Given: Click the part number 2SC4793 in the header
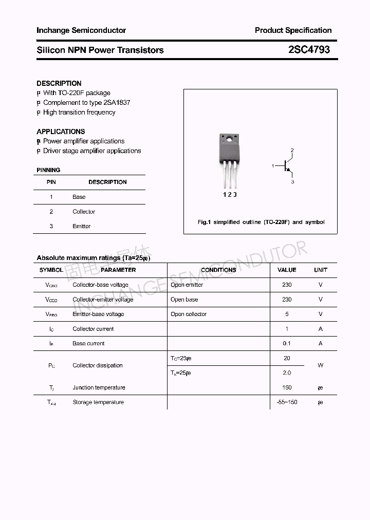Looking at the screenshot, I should pyautogui.click(x=308, y=50).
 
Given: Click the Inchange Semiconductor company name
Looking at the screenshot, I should pyautogui.click(x=81, y=30).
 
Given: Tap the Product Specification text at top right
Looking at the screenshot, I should pyautogui.click(x=293, y=30).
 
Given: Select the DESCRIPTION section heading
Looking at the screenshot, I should pyautogui.click(x=59, y=83).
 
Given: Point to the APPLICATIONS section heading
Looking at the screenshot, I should pyautogui.click(x=61, y=132).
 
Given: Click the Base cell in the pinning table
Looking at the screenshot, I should pyautogui.click(x=79, y=197).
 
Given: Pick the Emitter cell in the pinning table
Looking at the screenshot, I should pyautogui.click(x=81, y=226).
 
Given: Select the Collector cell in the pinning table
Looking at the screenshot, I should pyautogui.click(x=84, y=212).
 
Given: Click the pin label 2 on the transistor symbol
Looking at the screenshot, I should pyautogui.click(x=292, y=150).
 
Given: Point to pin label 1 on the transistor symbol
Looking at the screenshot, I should pyautogui.click(x=273, y=166).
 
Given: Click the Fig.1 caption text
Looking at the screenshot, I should pyautogui.click(x=261, y=222).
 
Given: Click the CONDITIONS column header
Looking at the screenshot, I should pyautogui.click(x=218, y=270).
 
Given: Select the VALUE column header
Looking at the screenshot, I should pyautogui.click(x=287, y=270).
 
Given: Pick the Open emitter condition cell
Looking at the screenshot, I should pyautogui.click(x=187, y=285).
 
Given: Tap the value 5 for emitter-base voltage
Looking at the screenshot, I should pyautogui.click(x=287, y=314).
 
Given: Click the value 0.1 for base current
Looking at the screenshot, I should pyautogui.click(x=287, y=343).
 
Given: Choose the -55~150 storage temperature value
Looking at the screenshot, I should pyautogui.click(x=287, y=402).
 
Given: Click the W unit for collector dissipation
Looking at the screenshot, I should pyautogui.click(x=320, y=365).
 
